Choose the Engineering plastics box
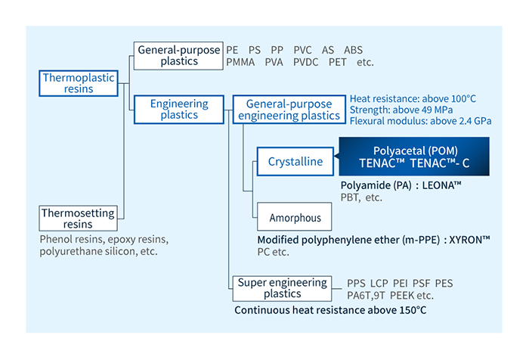(x=178, y=109)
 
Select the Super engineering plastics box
(x=282, y=287)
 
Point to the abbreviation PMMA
(x=241, y=62)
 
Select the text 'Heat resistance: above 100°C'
(x=412, y=98)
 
